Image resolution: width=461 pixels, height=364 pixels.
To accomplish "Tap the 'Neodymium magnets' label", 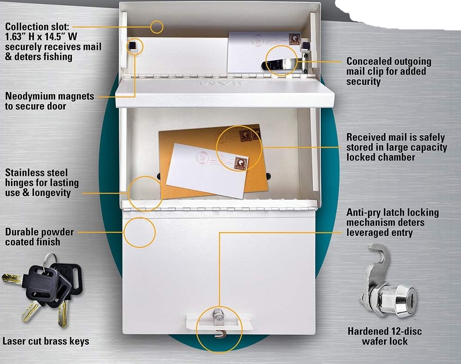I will point(50,101).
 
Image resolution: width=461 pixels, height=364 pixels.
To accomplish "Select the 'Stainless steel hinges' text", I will point(42,182).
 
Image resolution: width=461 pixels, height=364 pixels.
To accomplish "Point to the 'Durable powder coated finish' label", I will point(39,236).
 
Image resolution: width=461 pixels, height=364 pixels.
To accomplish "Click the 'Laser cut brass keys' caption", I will point(46,341).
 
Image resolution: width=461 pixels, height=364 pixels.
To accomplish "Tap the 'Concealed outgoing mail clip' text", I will point(389,71).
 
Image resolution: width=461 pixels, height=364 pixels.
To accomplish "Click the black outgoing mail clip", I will point(278,64).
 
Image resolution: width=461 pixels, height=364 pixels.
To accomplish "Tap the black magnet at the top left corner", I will point(133,47).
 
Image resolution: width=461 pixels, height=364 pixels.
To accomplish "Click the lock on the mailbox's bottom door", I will point(218,315).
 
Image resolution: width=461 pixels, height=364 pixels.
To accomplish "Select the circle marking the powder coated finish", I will point(139,233).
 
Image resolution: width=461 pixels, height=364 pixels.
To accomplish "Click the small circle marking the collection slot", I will point(157,27).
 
